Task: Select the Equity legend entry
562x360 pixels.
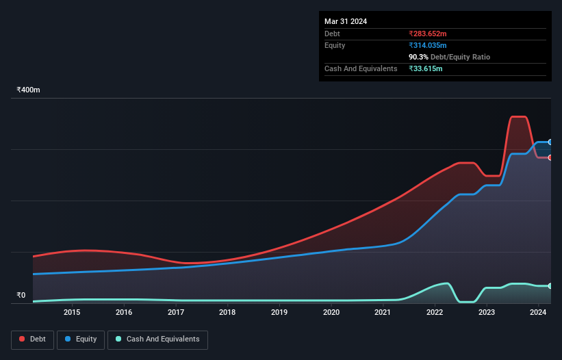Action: [x=81, y=339]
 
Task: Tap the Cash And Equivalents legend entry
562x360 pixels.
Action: [x=157, y=339]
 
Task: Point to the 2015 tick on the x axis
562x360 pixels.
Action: [x=72, y=313]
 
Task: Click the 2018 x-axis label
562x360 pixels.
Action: [x=227, y=313]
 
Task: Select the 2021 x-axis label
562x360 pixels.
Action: [x=383, y=313]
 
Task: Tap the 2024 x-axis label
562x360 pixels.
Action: [x=538, y=313]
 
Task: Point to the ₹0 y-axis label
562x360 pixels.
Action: [x=21, y=296]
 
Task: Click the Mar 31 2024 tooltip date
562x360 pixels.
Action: [x=346, y=21]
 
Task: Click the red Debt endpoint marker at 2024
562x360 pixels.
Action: [x=550, y=157]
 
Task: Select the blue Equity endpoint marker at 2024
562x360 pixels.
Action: [x=550, y=142]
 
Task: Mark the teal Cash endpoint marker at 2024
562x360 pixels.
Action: [x=550, y=285]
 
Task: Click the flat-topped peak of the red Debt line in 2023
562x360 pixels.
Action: [x=519, y=117]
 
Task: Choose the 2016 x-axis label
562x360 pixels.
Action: [x=124, y=313]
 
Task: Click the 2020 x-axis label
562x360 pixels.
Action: [x=331, y=313]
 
